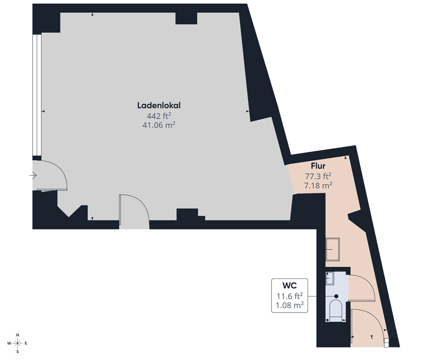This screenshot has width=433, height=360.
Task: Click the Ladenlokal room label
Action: (159, 105)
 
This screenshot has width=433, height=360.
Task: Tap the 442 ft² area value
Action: (159, 116)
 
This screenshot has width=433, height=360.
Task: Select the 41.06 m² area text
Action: (159, 125)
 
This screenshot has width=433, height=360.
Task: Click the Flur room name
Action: (318, 166)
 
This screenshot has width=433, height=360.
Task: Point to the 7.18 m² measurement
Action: (318, 185)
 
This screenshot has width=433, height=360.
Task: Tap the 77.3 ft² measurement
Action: (318, 176)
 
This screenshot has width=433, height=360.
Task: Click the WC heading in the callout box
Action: (289, 286)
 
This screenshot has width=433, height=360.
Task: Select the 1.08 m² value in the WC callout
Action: (289, 305)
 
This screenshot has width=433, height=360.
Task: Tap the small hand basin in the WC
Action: (330, 278)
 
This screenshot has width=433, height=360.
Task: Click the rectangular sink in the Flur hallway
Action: (333, 249)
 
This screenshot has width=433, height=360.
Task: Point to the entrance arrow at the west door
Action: (33, 175)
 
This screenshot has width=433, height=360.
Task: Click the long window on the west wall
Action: (37, 95)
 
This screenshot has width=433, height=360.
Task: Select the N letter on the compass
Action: (18, 335)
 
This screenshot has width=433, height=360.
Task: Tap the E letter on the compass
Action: (26, 343)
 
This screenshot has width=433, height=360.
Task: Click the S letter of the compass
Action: (18, 351)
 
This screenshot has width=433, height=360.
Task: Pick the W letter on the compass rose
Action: (9, 343)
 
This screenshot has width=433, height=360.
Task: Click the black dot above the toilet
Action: (336, 297)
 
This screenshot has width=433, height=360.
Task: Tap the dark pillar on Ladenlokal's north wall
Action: (186, 18)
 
